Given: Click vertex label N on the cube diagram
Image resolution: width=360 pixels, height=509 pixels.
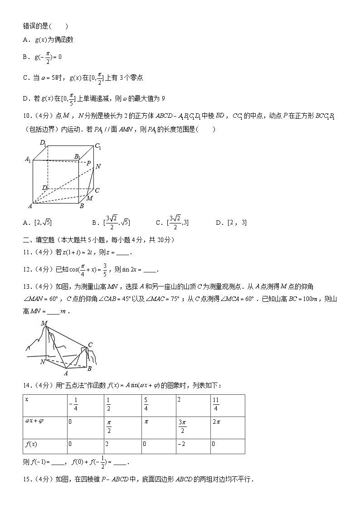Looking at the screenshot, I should [x=98, y=166].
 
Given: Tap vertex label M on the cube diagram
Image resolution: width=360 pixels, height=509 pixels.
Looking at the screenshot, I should [x=89, y=198].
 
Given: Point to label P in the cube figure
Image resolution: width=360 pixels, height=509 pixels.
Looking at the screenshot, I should [x=88, y=163].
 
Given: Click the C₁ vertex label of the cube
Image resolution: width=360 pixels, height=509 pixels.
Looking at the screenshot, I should [x=98, y=147].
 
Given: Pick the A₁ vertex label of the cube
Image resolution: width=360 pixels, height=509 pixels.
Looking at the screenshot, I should [x=28, y=160].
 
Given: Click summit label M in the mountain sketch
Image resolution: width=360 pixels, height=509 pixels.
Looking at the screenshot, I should [x=44, y=323].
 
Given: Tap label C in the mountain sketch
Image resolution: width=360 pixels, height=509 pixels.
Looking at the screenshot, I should [x=90, y=345].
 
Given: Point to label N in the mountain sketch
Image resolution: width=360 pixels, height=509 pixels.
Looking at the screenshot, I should [x=42, y=362].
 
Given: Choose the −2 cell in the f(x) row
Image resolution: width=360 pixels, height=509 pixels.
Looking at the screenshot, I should [x=181, y=444].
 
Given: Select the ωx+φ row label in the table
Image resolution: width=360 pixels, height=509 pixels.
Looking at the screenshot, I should [x=34, y=421].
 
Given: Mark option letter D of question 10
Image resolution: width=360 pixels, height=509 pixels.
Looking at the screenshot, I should [x=219, y=223].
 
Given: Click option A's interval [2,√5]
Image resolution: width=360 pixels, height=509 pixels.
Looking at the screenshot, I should [x=44, y=223].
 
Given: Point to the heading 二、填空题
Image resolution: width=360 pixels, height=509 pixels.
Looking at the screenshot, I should [x=38, y=240].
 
